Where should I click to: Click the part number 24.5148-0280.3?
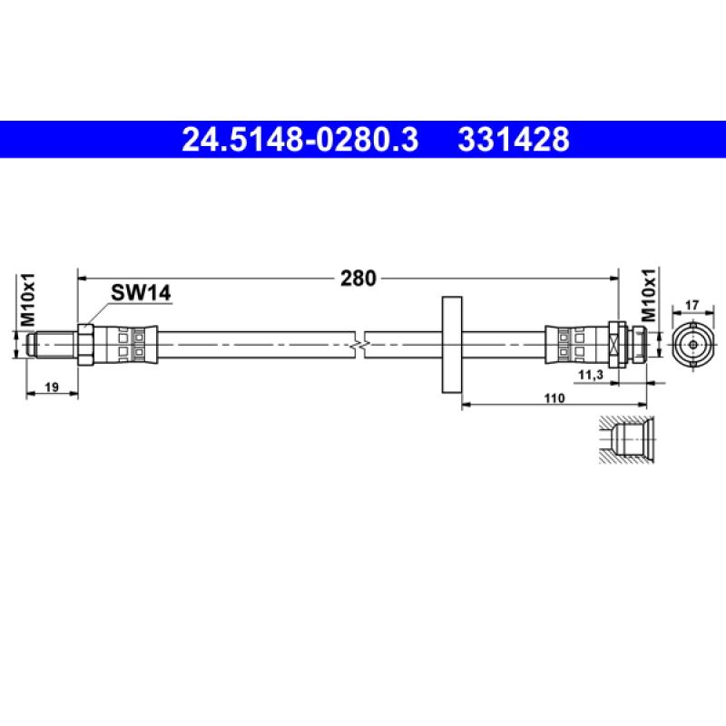pos(300,140)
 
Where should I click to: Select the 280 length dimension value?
pos(358,279)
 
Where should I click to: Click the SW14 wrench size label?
pos(141,292)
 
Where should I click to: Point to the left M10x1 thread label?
pos(28,301)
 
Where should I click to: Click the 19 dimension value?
pos(52,388)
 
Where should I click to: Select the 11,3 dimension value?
pos(590,372)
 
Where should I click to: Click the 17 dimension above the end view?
pos(691,306)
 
